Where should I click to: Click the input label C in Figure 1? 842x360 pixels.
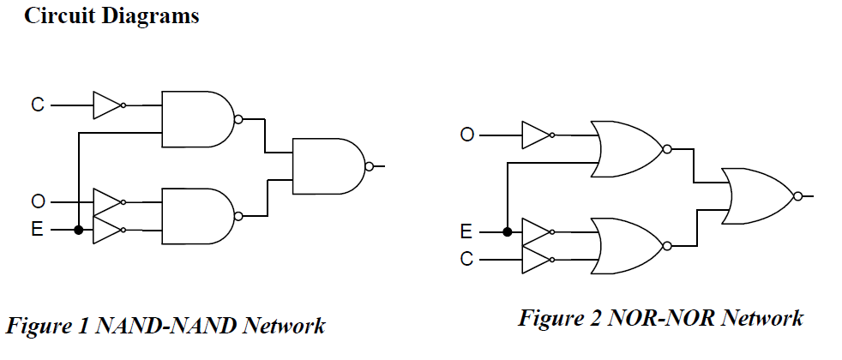point(37,105)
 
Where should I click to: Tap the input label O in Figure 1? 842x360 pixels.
point(37,202)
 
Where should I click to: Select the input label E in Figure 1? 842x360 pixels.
point(37,230)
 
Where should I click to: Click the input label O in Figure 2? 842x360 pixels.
point(466,135)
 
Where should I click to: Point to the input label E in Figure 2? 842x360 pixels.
point(466,231)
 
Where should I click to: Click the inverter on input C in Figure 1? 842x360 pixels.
point(107,105)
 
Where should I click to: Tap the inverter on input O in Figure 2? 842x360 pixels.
point(537,135)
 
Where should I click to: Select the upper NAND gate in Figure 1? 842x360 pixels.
point(197,119)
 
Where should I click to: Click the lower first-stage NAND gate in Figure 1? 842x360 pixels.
point(197,216)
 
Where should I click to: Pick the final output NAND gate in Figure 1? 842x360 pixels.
point(328,166)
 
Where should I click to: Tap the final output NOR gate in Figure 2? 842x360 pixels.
point(758,196)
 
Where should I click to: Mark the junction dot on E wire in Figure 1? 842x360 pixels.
point(79,230)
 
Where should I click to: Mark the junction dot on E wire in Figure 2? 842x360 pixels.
point(508,231)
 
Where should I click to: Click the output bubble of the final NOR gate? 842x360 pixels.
point(798,196)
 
